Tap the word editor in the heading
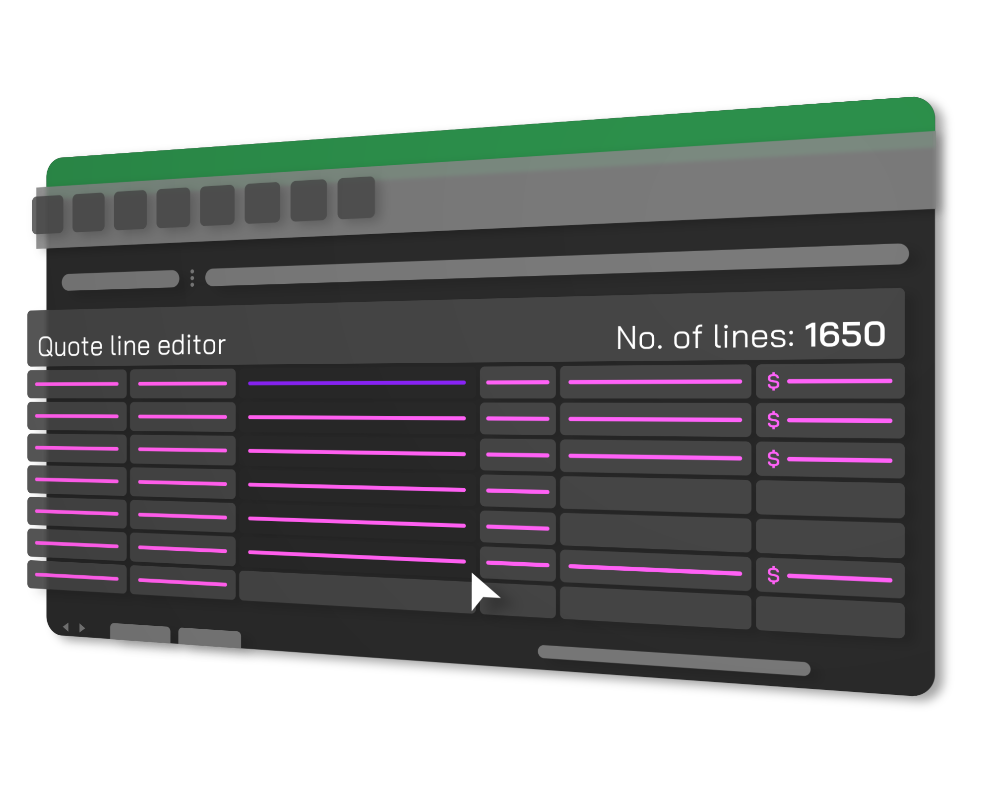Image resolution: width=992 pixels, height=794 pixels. (x=191, y=345)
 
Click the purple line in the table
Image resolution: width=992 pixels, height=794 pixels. (x=357, y=383)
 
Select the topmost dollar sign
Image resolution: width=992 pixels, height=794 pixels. (x=773, y=382)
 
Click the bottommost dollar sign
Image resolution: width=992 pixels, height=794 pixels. (x=773, y=576)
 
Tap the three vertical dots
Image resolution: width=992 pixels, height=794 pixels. (x=192, y=278)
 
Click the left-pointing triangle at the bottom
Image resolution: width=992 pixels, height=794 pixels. (x=66, y=627)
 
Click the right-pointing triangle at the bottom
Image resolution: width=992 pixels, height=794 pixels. (x=82, y=628)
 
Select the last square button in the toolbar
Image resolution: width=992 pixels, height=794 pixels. (x=356, y=198)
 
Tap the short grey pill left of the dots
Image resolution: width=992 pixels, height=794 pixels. (x=121, y=280)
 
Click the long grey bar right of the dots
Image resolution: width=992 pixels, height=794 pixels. (x=556, y=265)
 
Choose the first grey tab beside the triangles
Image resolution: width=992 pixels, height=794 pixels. (x=140, y=634)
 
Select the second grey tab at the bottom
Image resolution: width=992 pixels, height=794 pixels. (x=209, y=638)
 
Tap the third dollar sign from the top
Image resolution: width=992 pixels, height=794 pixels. (x=773, y=459)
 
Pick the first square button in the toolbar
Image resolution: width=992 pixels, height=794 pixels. (x=48, y=214)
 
